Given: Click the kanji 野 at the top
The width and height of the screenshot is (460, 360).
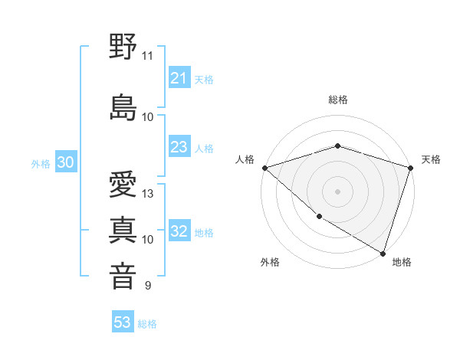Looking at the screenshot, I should coord(123,48).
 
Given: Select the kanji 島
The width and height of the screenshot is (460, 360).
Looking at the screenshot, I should coord(123,108).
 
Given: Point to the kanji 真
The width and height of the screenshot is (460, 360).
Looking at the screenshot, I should coord(123,230).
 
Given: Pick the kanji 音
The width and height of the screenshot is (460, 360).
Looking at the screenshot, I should coord(123,276).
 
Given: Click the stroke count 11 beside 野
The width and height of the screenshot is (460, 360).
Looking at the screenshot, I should coord(147,56).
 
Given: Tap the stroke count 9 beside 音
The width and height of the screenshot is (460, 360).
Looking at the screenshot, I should coord(147,286).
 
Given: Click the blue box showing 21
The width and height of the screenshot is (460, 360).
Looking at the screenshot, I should coord(179,78).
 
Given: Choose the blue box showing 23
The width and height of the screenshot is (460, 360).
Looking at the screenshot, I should coord(179,147).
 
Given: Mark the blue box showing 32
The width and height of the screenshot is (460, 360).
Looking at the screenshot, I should coord(179,232).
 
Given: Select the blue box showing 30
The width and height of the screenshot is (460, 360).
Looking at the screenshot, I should coord(65,162).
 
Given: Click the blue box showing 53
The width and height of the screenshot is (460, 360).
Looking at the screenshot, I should coord(123,322).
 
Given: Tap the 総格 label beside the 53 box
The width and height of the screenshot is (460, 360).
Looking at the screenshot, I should coord(147,324).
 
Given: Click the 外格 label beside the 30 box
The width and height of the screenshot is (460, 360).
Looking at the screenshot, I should coord(41,163).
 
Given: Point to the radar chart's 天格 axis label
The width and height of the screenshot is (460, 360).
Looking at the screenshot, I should coord(431,159).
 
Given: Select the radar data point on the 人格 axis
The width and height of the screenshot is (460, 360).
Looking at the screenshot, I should coord(264,168).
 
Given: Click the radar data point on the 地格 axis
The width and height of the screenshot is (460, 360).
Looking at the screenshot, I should coord(383,253).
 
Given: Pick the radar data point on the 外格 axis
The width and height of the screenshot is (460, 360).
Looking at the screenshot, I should coord(319,217).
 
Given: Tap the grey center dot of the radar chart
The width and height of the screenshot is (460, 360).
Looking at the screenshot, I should coord(337,191).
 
